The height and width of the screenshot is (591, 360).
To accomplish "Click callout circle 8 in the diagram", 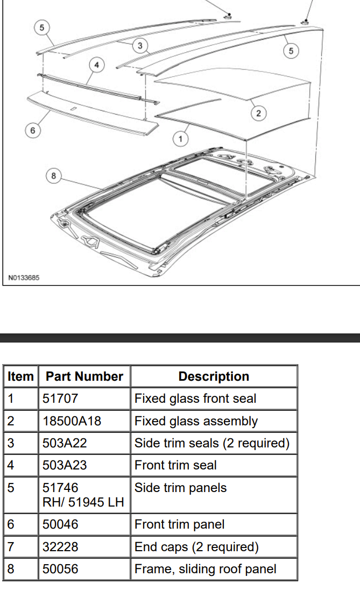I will (53, 175).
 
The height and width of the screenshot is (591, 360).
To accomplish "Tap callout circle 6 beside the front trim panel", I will (32, 131).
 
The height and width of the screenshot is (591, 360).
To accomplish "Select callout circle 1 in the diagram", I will (180, 139).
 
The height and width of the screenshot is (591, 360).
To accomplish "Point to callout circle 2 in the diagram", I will (258, 113).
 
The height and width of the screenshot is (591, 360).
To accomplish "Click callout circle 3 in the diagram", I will (140, 46).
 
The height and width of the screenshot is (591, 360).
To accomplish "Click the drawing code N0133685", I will (24, 278).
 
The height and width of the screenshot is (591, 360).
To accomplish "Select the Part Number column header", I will (84, 376).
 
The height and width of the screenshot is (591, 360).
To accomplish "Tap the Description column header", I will (214, 376).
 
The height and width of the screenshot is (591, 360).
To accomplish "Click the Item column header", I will (20, 376).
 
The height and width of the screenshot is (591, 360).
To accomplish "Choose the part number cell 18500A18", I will (72, 421).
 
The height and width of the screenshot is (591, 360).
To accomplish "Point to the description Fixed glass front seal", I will (195, 398).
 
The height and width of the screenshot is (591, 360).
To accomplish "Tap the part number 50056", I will (60, 569).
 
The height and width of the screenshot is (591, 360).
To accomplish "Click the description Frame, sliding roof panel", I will (206, 569).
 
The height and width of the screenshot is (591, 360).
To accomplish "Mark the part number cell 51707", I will (60, 398).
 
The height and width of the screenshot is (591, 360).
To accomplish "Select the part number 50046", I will (60, 524).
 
